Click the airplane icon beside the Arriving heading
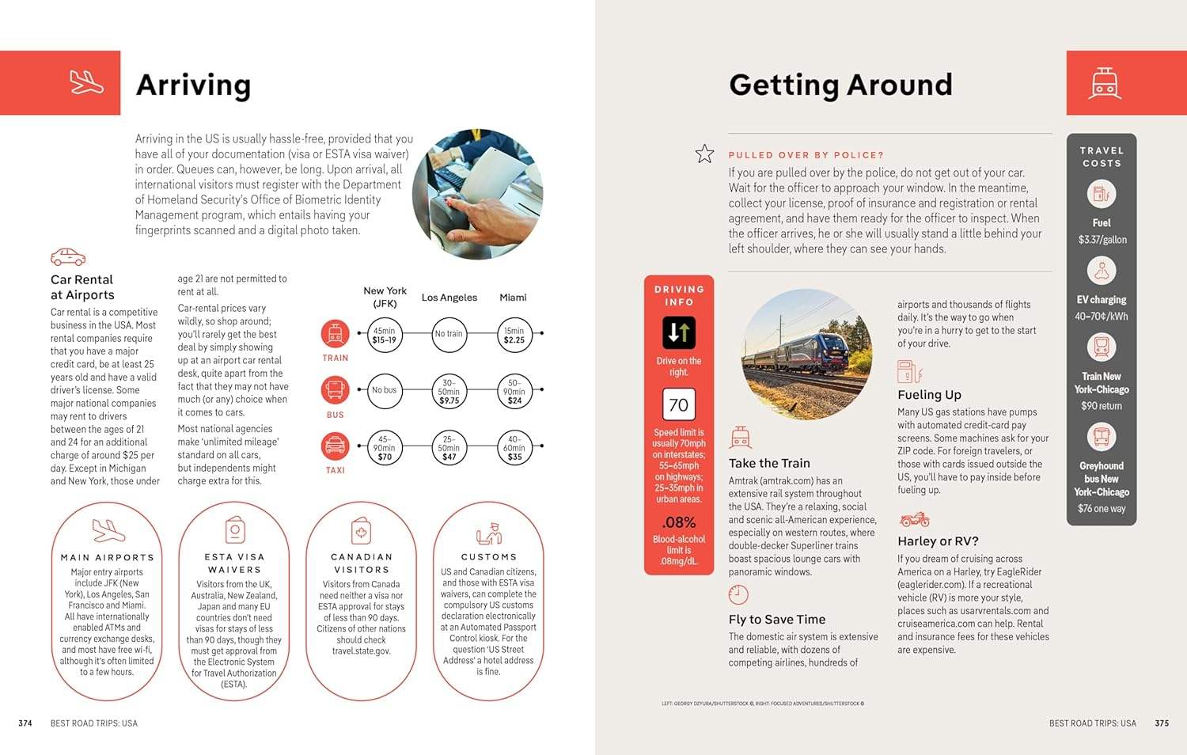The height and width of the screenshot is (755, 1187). click(86, 82)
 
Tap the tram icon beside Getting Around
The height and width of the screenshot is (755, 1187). click(1104, 83)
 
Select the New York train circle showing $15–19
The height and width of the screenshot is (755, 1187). click(385, 335)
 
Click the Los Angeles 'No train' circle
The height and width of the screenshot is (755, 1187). click(449, 334)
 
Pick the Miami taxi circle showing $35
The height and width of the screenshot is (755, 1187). click(514, 447)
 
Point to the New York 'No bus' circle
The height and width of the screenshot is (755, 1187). click(385, 390)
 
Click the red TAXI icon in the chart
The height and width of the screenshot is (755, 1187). click(335, 446)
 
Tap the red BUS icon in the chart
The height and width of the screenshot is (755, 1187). click(335, 390)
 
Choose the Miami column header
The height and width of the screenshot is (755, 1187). click(513, 298)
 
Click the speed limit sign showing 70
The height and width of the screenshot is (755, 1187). click(678, 405)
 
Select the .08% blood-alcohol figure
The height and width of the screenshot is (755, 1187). click(679, 522)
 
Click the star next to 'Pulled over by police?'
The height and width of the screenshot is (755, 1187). click(704, 154)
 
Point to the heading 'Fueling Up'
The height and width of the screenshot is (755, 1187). click(929, 395)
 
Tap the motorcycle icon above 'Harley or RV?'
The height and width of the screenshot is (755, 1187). click(914, 520)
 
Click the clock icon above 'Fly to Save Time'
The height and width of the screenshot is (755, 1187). click(738, 594)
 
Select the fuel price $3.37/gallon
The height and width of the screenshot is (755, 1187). click(1102, 240)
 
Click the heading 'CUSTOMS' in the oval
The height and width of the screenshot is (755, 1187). click(488, 557)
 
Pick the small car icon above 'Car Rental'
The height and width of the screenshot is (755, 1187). click(68, 257)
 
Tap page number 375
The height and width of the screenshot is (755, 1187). click(1162, 723)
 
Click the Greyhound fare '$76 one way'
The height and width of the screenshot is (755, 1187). click(1102, 509)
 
